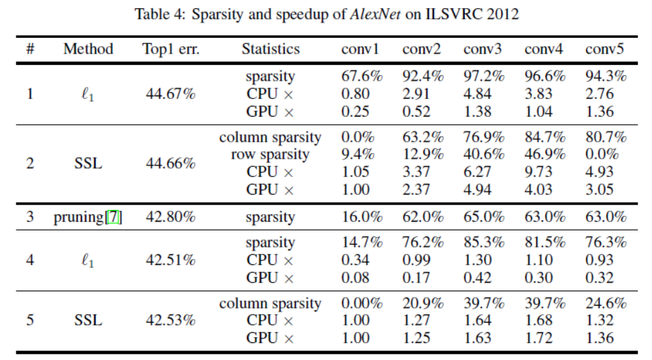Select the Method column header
coord(88,49)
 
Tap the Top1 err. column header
coord(170,49)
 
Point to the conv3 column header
coord(484,49)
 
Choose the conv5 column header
coord(605,49)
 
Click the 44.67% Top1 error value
coord(170,94)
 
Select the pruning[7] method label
coord(88,217)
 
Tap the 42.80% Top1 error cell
coord(170,217)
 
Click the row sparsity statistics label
coord(270,155)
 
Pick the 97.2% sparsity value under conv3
coord(484,77)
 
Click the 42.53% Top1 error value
coord(170,321)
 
